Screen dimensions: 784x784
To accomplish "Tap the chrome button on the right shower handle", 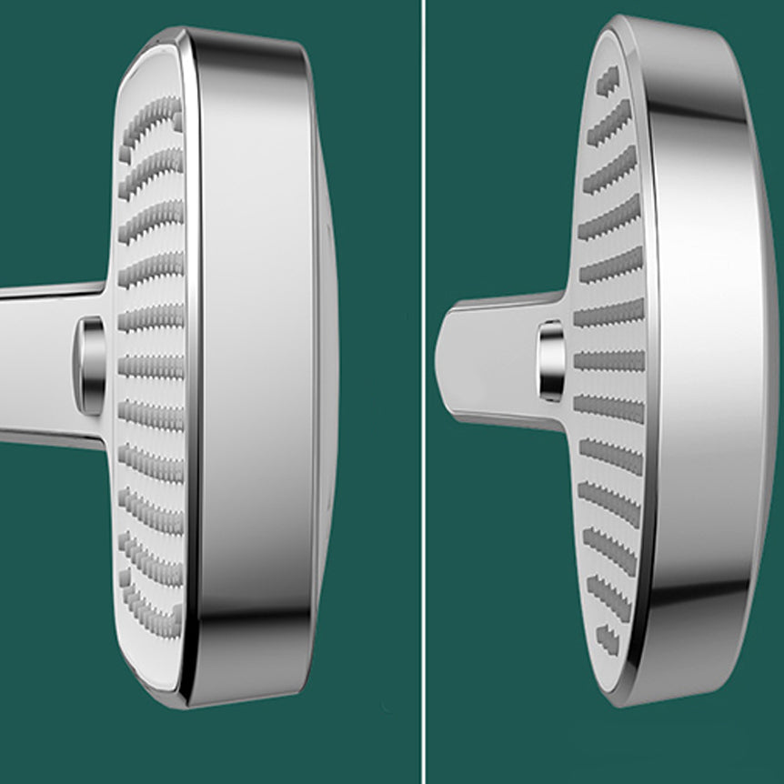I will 552,360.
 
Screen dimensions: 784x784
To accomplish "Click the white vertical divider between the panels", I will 423,391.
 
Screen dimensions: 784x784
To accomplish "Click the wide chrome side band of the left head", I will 255,364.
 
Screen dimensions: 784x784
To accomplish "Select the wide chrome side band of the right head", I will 700,364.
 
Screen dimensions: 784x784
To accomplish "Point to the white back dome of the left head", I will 327,364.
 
